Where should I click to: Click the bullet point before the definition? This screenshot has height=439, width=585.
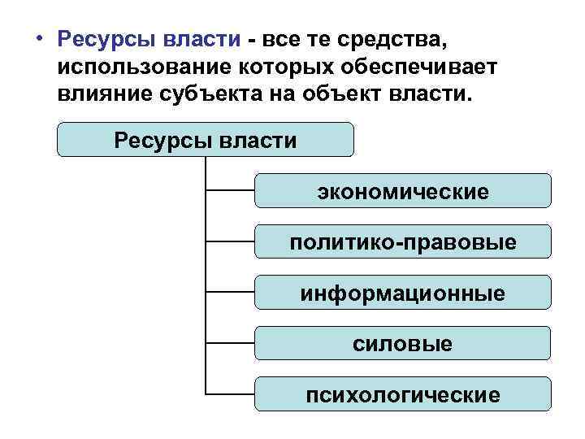[x=39, y=39]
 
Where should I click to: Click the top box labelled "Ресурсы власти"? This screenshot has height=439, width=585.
[x=206, y=139]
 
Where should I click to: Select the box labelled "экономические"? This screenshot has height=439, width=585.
[x=402, y=191]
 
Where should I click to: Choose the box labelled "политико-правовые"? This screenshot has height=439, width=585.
[x=402, y=242]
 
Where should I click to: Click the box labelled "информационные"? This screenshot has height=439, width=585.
[x=402, y=293]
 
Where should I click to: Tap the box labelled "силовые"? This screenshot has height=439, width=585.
[x=402, y=343]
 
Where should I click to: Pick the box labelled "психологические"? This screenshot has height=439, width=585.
[x=402, y=394]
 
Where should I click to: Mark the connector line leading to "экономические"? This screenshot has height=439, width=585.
[x=231, y=192]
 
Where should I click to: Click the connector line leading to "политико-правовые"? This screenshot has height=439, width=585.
[x=231, y=242]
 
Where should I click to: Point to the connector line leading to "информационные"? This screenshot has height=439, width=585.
[x=231, y=293]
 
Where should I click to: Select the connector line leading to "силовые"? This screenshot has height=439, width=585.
[x=231, y=344]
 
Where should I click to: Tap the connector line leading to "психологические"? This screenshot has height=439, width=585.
[x=231, y=394]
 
